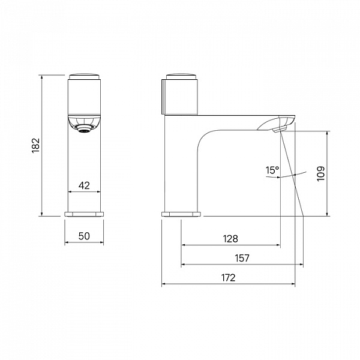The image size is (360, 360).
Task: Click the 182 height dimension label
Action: pyautogui.click(x=36, y=145)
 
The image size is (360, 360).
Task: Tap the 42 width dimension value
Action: pyautogui.click(x=84, y=185)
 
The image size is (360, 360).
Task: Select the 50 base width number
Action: pyautogui.click(x=84, y=236)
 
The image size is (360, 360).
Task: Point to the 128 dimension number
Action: pyautogui.click(x=231, y=239)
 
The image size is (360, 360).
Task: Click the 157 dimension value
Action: pyautogui.click(x=242, y=258)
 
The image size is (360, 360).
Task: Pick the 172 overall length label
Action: pyautogui.click(x=229, y=278)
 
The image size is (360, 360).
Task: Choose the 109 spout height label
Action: pyautogui.click(x=321, y=174)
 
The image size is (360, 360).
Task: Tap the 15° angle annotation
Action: pyautogui.click(x=272, y=170)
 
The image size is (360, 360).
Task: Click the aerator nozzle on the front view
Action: pyautogui.click(x=84, y=129)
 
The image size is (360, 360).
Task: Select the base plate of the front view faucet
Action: pyautogui.click(x=84, y=214)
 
